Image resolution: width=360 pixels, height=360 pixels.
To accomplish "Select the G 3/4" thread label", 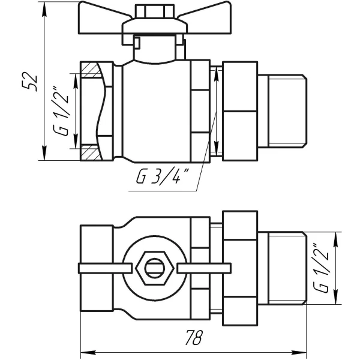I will (163, 177).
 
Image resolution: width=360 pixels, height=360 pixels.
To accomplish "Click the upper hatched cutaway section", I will (91, 70).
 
